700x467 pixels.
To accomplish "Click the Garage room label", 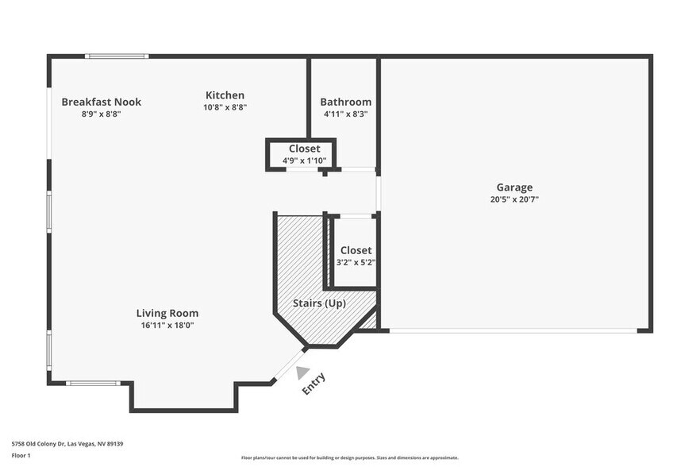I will [515, 187].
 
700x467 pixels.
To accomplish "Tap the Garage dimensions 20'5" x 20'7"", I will [515, 199].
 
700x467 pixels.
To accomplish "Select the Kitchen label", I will [225, 95].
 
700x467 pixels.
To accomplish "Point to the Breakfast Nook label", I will [101, 102].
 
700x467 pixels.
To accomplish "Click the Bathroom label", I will [345, 102].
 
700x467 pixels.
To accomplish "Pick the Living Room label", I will [167, 313].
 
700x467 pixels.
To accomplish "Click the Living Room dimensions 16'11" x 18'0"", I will [167, 325].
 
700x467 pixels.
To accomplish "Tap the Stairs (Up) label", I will [324, 303].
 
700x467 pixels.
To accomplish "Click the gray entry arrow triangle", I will [302, 372].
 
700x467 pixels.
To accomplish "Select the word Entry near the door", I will [313, 384].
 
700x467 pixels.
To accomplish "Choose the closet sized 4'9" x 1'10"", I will [304, 154].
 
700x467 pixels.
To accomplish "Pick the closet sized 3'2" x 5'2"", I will [356, 256].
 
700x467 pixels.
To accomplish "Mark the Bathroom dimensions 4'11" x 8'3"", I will [345, 114].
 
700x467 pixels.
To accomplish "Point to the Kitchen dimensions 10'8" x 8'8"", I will [225, 107].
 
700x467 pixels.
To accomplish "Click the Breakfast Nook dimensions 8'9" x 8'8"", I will [101, 114].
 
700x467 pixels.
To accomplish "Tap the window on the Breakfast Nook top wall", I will [117, 56].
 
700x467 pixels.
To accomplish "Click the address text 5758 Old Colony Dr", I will [67, 444].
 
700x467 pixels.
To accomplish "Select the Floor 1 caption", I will [21, 456].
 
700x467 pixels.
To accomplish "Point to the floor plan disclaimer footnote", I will [349, 457].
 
